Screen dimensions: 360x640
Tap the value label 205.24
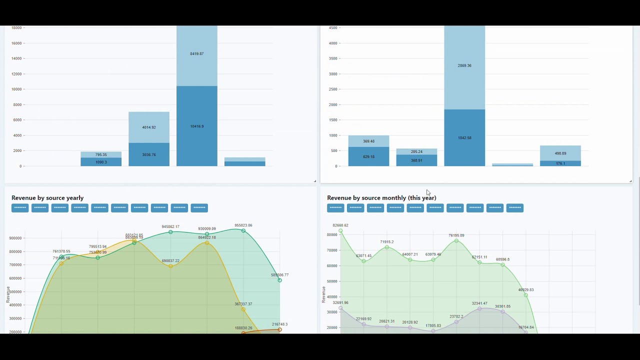point(416,151)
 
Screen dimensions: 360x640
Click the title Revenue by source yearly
point(47,198)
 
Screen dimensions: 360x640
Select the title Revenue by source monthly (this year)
point(381,198)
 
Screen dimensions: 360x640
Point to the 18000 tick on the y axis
point(16,28)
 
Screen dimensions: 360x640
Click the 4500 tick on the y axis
point(333,28)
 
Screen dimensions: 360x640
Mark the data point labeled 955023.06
point(243,231)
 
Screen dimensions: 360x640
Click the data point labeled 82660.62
point(340,231)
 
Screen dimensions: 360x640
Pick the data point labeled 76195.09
point(456,241)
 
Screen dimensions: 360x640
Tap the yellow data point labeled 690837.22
point(170,266)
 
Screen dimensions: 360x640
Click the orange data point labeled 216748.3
point(279,329)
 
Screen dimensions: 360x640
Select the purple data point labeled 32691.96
point(340,308)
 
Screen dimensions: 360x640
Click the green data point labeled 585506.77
point(279,280)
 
